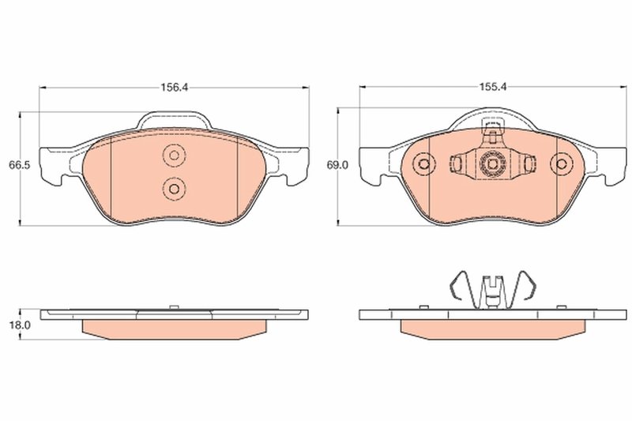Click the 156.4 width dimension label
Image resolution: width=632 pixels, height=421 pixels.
(x=174, y=88)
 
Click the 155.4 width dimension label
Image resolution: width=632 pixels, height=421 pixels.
(x=493, y=88)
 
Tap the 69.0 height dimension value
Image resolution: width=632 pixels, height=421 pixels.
(x=337, y=165)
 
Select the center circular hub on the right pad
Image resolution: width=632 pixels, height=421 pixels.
(x=493, y=164)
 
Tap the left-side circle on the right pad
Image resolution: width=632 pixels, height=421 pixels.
(x=424, y=164)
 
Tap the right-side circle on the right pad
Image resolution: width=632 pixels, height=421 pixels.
(x=562, y=164)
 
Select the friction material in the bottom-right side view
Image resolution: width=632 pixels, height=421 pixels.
(x=493, y=327)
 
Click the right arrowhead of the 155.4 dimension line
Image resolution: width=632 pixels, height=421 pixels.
(x=623, y=88)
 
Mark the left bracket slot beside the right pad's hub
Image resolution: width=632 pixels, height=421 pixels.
(x=458, y=164)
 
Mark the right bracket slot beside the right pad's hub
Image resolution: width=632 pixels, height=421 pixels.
(x=528, y=164)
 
